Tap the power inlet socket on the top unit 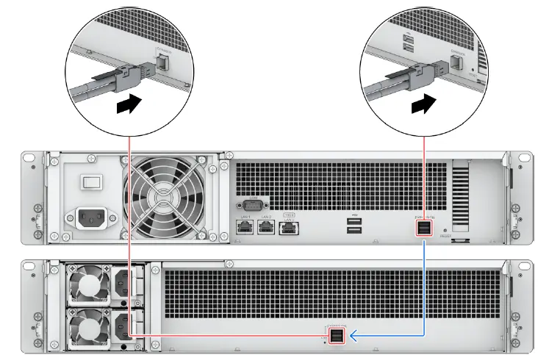93,218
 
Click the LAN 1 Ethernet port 245,228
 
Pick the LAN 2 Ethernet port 266,228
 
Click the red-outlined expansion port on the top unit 425,229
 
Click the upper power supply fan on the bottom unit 86,284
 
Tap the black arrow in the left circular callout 127,106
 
